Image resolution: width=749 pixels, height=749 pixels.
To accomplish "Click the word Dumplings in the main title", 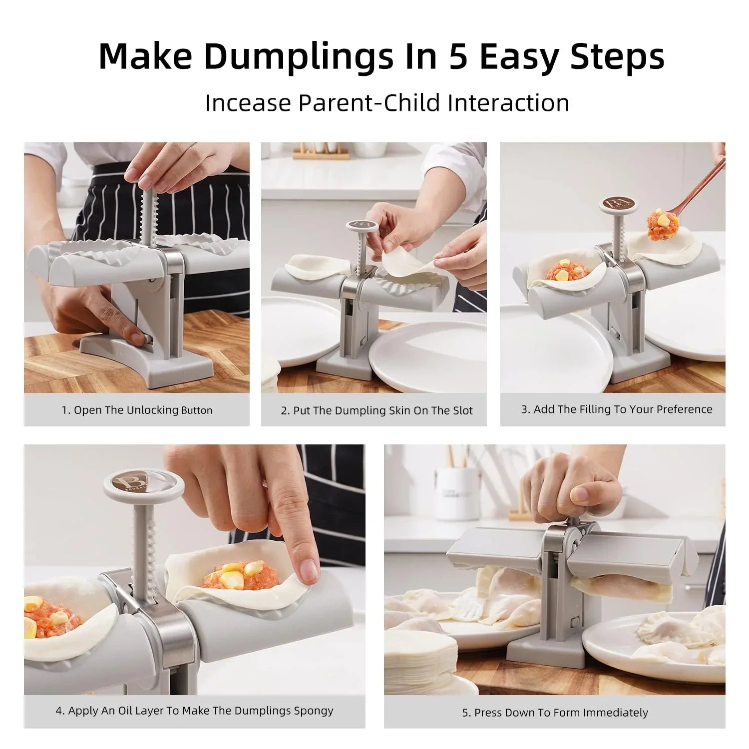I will [x=298, y=57].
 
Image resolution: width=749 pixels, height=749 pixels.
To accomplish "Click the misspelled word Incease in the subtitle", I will [x=248, y=103].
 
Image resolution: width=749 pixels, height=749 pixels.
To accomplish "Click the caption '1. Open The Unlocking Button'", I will [x=137, y=410].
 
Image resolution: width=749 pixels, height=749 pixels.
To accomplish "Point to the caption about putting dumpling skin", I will [x=376, y=410].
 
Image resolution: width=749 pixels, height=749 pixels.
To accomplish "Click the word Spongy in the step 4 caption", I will [x=313, y=710].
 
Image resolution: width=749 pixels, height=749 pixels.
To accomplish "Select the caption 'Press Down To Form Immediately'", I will [x=555, y=713].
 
